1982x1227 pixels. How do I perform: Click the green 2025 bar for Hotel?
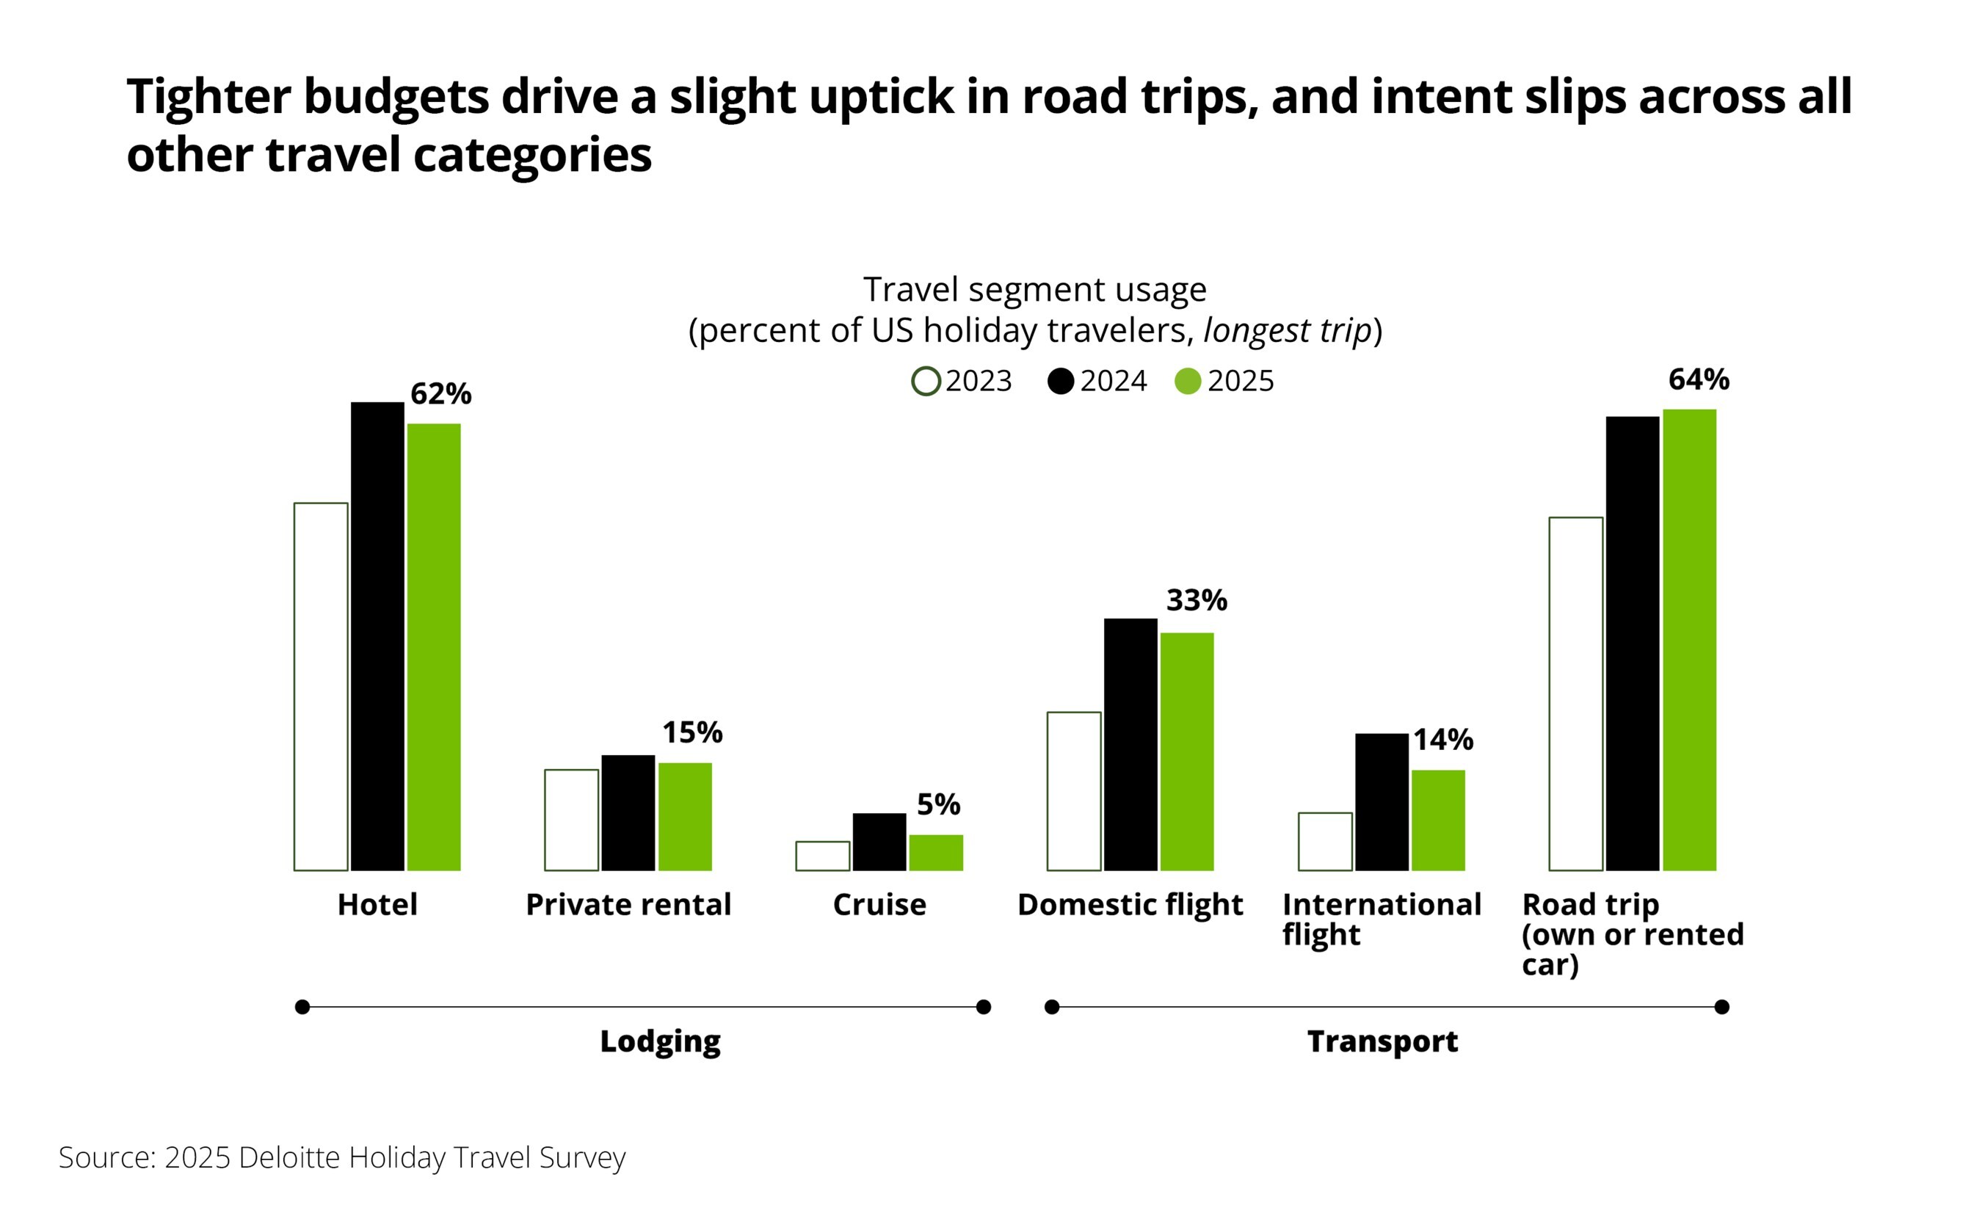click(x=433, y=647)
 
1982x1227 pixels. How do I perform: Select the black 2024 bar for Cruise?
click(x=879, y=842)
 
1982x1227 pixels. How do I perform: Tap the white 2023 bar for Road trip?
click(x=1575, y=693)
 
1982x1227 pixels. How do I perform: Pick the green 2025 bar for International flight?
click(x=1438, y=820)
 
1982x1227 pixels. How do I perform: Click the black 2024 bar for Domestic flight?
click(x=1130, y=744)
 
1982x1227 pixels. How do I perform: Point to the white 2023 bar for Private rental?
click(x=571, y=820)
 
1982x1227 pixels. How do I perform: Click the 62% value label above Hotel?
click(x=440, y=393)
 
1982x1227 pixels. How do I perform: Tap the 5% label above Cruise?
click(x=938, y=804)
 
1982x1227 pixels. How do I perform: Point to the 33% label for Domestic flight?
click(x=1197, y=600)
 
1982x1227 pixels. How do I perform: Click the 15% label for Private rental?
click(x=692, y=733)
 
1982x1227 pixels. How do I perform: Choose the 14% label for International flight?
click(x=1443, y=739)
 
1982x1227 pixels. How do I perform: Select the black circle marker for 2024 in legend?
click(x=1060, y=382)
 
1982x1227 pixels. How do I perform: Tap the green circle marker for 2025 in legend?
click(x=1188, y=382)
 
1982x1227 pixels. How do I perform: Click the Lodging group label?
click(x=660, y=1041)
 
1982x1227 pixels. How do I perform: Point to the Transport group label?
click(x=1382, y=1041)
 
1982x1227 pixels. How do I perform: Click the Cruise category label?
click(x=879, y=905)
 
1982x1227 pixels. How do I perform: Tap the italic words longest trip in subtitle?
click(x=1286, y=331)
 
